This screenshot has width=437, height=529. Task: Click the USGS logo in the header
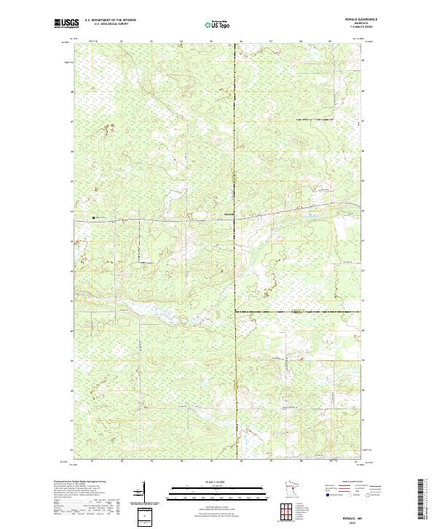tap(63, 23)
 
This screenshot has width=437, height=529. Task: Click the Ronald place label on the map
tap(228, 214)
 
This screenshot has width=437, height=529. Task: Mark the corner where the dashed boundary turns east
tap(235, 312)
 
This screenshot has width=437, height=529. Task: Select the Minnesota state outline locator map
tap(286, 490)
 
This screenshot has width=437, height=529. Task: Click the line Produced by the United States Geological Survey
tap(79, 482)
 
